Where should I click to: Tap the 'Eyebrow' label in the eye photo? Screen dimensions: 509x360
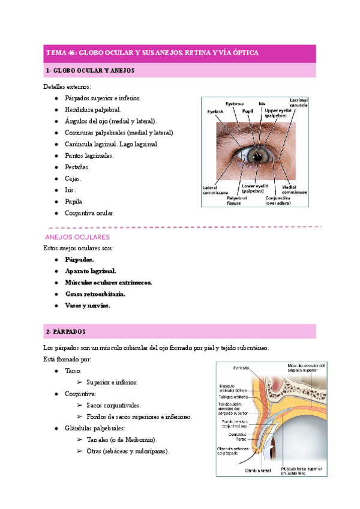(x=235, y=104)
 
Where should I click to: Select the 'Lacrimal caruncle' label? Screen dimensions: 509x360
(x=298, y=103)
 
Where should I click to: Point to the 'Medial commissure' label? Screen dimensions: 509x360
(x=295, y=190)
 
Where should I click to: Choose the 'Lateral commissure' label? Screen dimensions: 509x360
(x=214, y=190)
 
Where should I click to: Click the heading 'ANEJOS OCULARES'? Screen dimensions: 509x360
(x=74, y=237)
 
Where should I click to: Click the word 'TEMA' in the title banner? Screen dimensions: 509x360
(x=57, y=53)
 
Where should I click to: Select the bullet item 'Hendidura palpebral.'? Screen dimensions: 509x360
(x=92, y=109)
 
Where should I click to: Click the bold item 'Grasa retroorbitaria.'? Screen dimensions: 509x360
(x=95, y=294)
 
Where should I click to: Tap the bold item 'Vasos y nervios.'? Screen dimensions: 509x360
(x=88, y=306)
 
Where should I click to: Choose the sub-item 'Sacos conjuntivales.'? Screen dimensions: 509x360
(x=113, y=405)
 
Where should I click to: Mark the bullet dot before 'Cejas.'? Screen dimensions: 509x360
(x=56, y=178)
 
